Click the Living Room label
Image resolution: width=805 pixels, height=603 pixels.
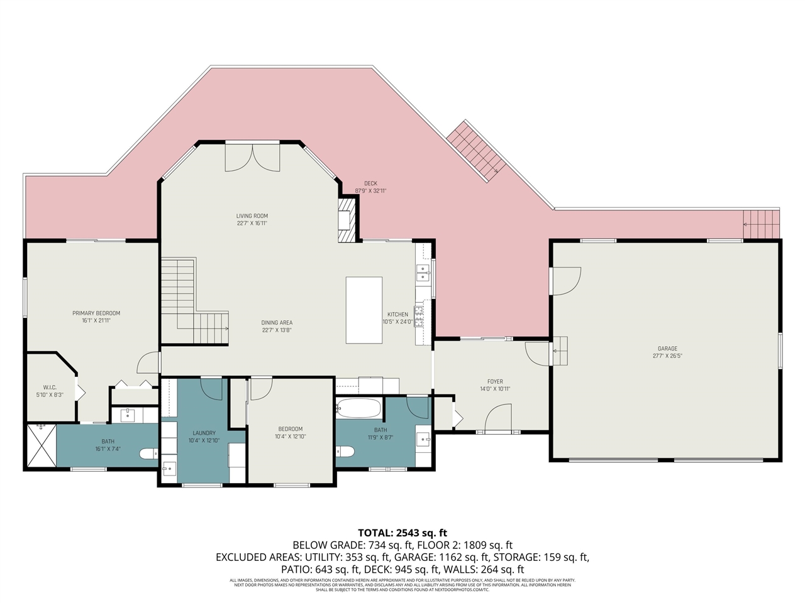(252, 216)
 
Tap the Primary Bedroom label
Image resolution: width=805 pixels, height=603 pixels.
(96, 313)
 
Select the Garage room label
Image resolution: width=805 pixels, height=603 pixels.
(667, 349)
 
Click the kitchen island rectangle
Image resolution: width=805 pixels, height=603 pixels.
(364, 310)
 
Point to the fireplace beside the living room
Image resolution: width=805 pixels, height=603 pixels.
(347, 220)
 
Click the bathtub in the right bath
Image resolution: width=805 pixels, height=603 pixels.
(358, 409)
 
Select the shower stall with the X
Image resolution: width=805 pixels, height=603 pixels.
(42, 446)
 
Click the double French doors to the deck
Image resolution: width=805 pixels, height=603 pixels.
(252, 157)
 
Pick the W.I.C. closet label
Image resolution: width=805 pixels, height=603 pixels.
(50, 388)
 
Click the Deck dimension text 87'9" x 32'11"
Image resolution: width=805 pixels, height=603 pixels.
(370, 191)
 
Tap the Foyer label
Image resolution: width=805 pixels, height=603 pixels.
(495, 381)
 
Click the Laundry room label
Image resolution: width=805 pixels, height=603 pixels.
(204, 433)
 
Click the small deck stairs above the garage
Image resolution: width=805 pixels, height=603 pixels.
(761, 224)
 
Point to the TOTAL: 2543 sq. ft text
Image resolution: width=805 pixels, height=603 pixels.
(402, 533)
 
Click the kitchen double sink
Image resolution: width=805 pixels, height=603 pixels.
(423, 273)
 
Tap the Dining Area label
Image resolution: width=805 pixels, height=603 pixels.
(277, 323)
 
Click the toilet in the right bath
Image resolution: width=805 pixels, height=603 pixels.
(345, 451)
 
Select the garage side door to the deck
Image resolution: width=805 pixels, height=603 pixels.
(563, 280)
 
